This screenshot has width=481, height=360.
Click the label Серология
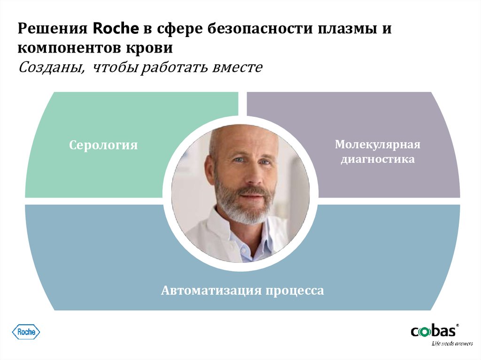pyautogui.click(x=103, y=145)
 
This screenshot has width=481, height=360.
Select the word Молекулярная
pyautogui.click(x=377, y=144)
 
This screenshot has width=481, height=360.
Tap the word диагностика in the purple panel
pyautogui.click(x=377, y=160)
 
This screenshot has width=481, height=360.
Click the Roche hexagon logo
pyautogui.click(x=26, y=332)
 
